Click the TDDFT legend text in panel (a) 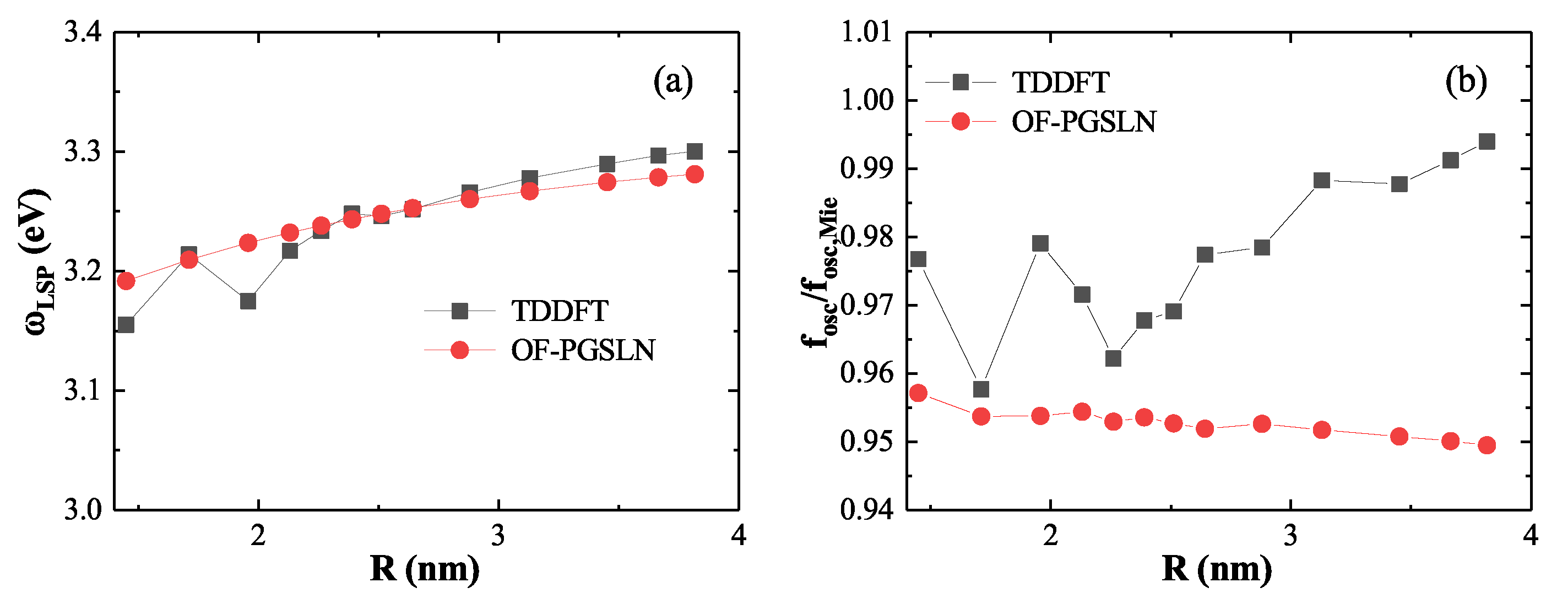coord(560,311)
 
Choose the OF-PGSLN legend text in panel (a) coord(583,350)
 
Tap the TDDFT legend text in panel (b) coord(1060,82)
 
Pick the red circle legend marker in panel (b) coord(961,122)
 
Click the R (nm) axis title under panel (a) coord(425,569)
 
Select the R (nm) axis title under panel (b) coord(1217,569)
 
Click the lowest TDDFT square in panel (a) coord(126,325)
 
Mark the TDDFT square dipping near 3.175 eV coord(248,301)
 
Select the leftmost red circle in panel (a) coord(126,281)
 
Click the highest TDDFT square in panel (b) coord(1487,142)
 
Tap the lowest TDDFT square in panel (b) coord(981,389)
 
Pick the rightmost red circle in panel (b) coord(1487,445)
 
